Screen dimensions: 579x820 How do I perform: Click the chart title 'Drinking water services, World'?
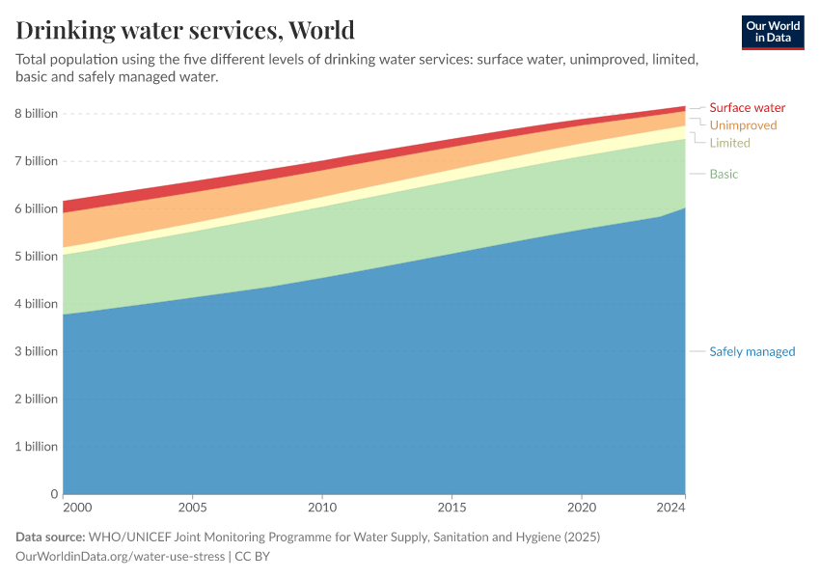pyautogui.click(x=185, y=30)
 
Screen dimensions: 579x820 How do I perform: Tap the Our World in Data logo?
pyautogui.click(x=773, y=32)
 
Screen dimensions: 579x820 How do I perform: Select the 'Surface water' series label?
pyautogui.click(x=747, y=108)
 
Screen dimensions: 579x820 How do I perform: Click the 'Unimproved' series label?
pyautogui.click(x=743, y=125)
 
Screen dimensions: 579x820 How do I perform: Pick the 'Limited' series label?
pyautogui.click(x=729, y=143)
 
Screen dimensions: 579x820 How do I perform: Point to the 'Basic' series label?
pyautogui.click(x=724, y=174)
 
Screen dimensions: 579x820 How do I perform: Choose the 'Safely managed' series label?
pyautogui.click(x=752, y=351)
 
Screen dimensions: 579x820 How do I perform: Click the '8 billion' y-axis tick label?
pyautogui.click(x=37, y=114)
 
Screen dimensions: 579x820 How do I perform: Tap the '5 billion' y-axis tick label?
pyautogui.click(x=37, y=257)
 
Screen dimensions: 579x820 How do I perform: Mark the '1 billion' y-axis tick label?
pyautogui.click(x=37, y=447)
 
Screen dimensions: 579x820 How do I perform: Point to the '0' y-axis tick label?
pyautogui.click(x=54, y=494)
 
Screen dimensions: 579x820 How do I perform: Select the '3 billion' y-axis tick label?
pyautogui.click(x=37, y=351)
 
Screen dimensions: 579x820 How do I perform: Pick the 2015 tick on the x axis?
pyautogui.click(x=452, y=508)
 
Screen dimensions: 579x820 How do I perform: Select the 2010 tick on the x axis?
pyautogui.click(x=322, y=508)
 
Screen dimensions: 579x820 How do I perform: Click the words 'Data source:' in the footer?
pyautogui.click(x=50, y=537)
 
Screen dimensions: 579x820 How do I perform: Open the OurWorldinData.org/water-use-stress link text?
pyautogui.click(x=120, y=557)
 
